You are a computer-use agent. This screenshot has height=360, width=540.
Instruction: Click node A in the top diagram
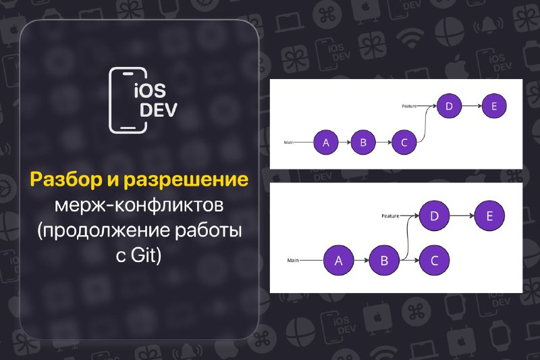pos(326,143)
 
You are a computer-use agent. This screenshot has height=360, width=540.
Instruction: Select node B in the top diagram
pos(363,143)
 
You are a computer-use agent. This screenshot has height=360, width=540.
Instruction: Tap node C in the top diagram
pos(404,143)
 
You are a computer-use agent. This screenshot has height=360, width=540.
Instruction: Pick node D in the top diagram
pos(449,106)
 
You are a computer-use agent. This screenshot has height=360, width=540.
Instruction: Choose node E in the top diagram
pos(494,106)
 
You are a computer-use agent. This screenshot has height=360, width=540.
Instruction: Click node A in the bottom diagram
pos(339,261)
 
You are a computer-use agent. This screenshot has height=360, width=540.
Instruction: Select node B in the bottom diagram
pos(384,261)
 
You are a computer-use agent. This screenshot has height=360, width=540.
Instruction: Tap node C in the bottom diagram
pos(434,261)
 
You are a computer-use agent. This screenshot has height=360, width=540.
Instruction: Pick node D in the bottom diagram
pos(434,216)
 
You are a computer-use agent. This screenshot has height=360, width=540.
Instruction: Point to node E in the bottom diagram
pos(489,216)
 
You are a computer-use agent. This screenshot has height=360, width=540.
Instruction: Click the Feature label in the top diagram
pos(409,106)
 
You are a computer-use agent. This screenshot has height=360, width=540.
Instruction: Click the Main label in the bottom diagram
pos(293,261)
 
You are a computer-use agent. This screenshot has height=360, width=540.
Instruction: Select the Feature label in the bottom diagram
pos(390,216)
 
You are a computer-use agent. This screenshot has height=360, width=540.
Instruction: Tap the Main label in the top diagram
pos(289,143)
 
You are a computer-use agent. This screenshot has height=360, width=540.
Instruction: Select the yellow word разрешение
pos(186,180)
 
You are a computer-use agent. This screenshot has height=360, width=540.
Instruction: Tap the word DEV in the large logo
pos(159,110)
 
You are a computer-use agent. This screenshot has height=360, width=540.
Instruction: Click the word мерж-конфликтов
pos(140,205)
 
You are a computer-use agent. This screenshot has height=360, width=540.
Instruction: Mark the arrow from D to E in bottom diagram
pos(462,216)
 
